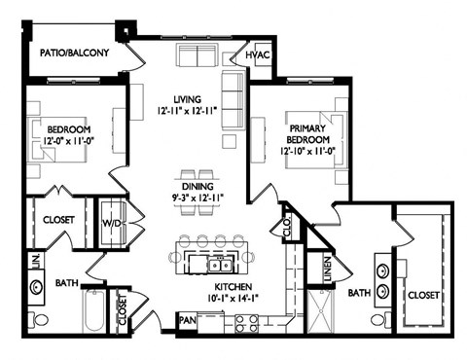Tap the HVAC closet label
pos(258,55)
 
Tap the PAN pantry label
pos(187,318)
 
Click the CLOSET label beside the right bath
pos(424,293)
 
